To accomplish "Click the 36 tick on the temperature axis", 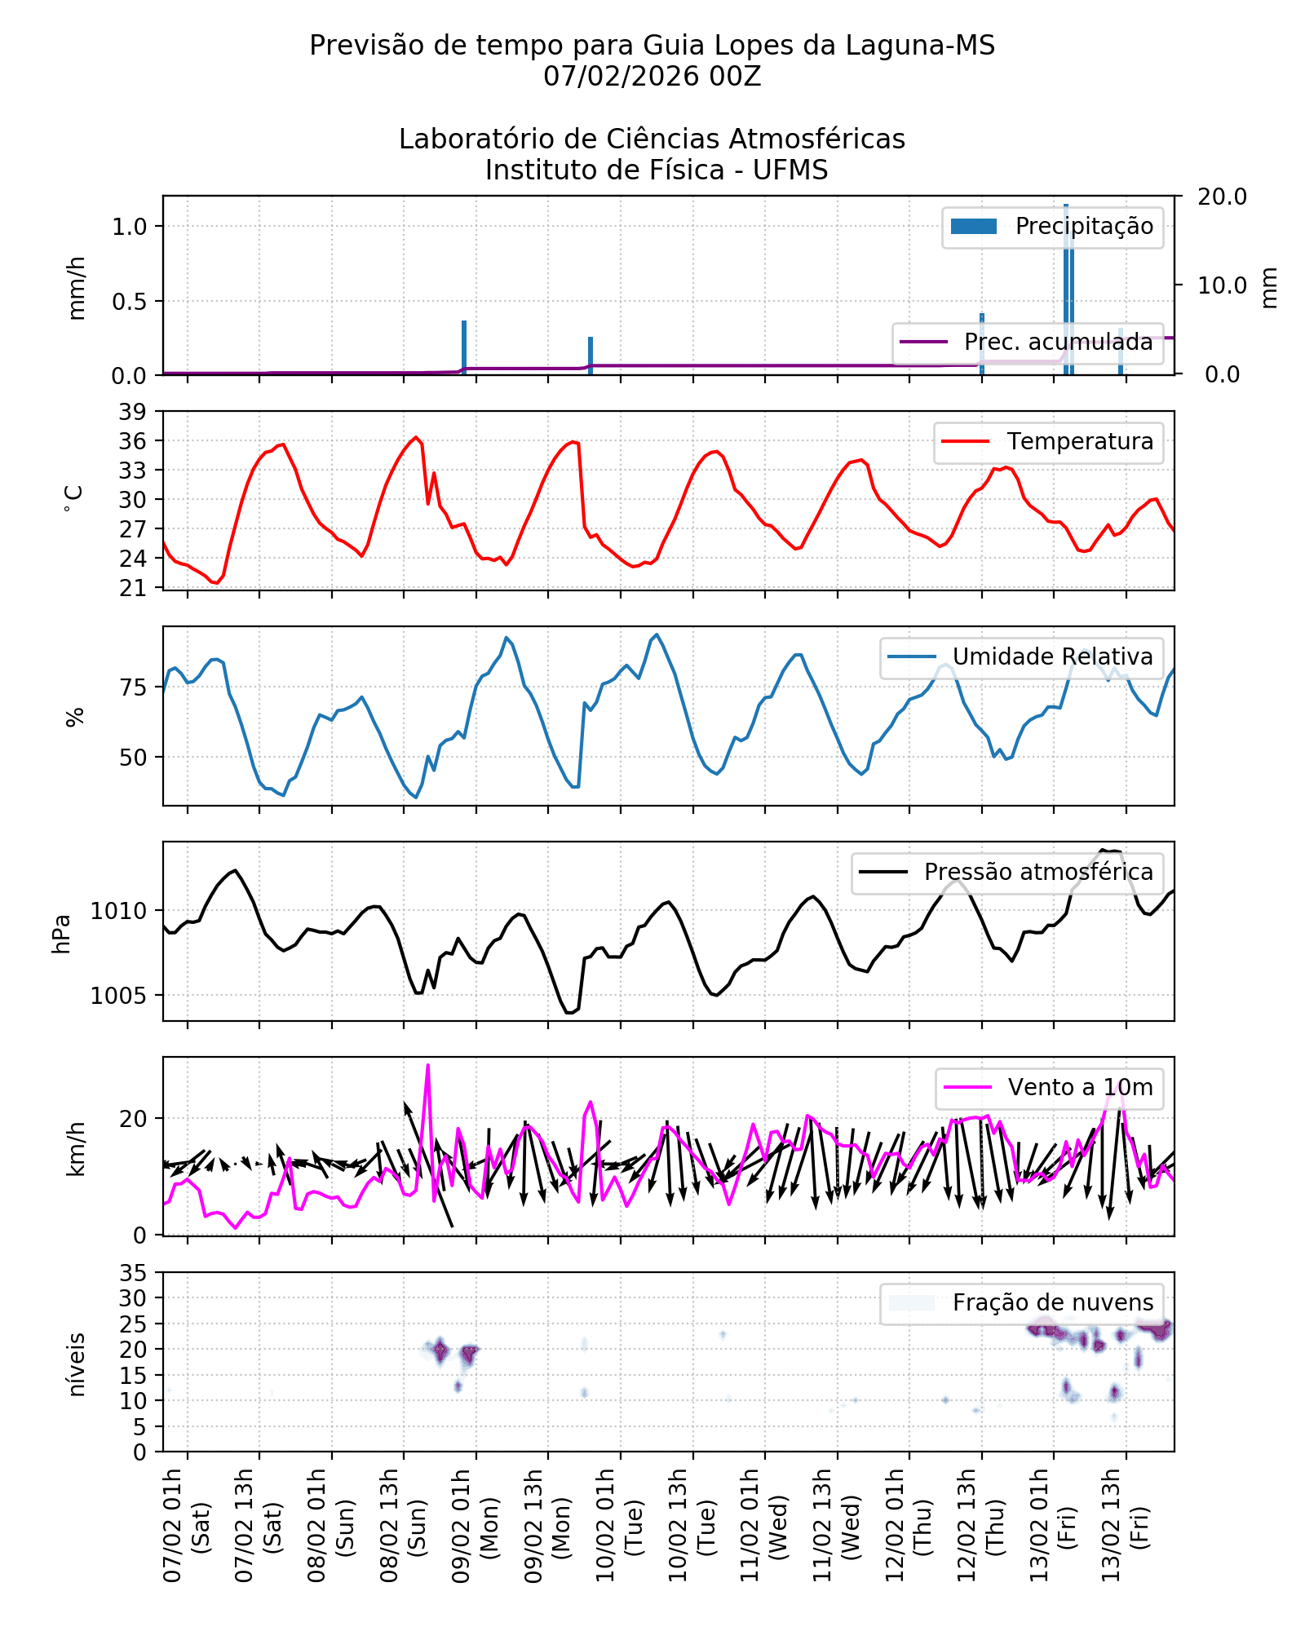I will [133, 441].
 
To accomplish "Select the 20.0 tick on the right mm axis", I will [1221, 197].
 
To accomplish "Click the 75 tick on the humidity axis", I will [133, 687].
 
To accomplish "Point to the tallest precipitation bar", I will [1066, 285].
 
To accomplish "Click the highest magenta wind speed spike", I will [427, 1066].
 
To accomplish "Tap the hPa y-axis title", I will [61, 934].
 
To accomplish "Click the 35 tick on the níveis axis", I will [133, 1273].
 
